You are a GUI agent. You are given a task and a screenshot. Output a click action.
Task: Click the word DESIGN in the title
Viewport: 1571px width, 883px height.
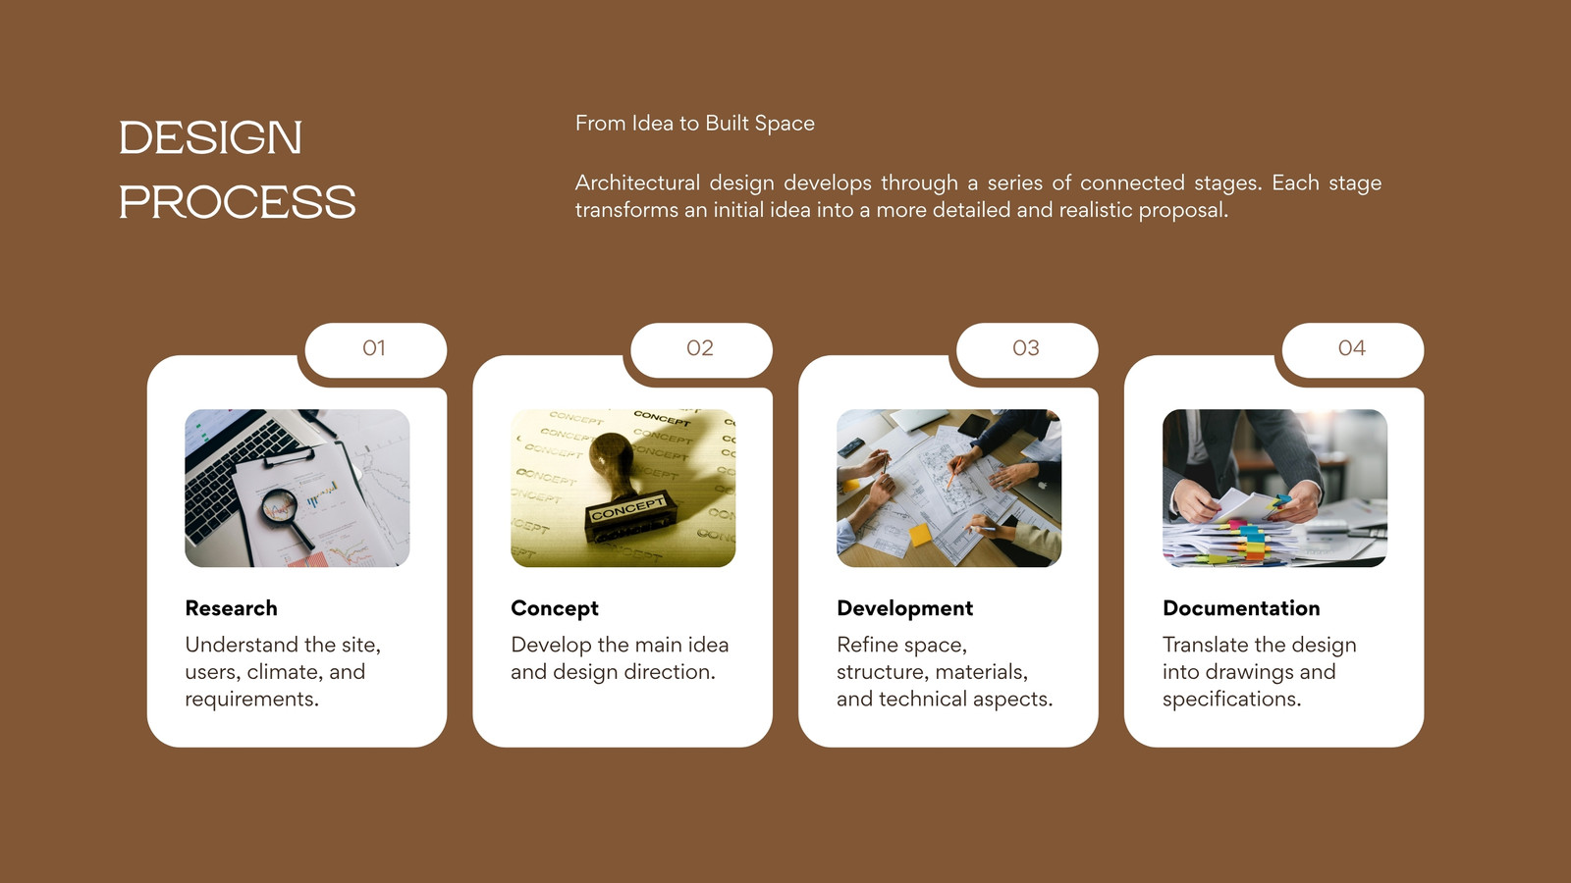click(210, 137)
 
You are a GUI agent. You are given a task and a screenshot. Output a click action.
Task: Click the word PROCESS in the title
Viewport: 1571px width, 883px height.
click(237, 202)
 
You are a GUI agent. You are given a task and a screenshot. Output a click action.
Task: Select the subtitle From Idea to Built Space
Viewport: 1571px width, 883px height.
click(695, 124)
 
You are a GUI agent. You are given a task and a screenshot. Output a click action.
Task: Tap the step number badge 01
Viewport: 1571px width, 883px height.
click(375, 349)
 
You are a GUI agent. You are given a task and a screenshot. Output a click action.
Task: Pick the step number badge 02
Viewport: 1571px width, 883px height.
click(701, 349)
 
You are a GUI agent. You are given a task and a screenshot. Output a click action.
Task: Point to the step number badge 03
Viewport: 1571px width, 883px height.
click(1027, 349)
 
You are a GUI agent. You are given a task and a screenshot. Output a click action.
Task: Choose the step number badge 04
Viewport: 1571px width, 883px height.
click(1352, 349)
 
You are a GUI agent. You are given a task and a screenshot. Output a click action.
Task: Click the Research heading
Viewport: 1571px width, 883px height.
click(232, 608)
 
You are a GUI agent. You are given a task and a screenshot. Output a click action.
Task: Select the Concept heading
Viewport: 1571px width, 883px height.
click(555, 608)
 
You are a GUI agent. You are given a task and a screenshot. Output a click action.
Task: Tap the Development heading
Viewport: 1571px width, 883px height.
click(904, 608)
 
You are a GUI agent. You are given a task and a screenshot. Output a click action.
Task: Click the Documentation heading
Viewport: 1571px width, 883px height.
click(1241, 608)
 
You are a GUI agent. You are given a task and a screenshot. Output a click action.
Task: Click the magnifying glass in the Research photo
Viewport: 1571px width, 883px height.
click(284, 515)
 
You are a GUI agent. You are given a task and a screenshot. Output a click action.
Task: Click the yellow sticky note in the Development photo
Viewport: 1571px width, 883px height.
click(919, 535)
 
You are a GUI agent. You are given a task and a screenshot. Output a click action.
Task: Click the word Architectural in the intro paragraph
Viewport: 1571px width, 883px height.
click(637, 182)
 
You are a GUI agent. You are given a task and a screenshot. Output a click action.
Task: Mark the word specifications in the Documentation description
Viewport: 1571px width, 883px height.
click(1231, 700)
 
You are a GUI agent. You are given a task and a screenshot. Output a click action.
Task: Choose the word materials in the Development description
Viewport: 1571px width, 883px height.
click(981, 672)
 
